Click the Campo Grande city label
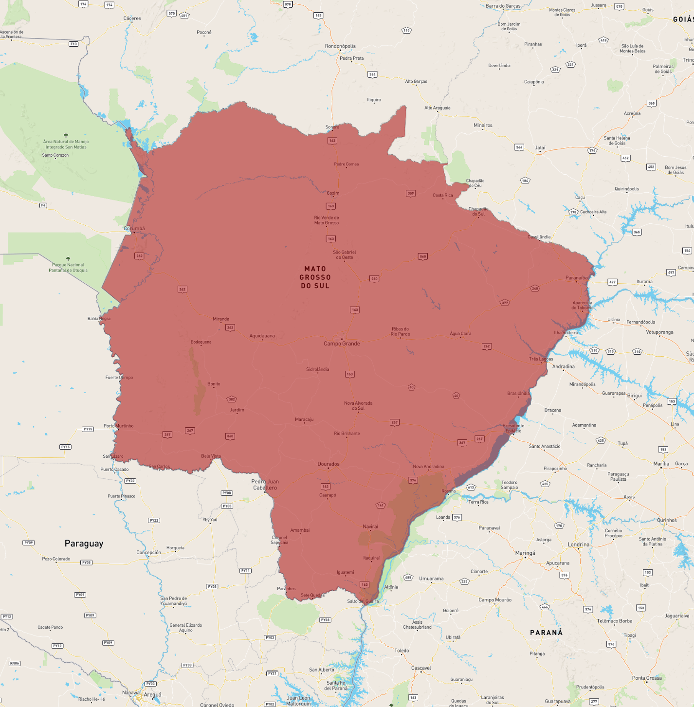pos(342,344)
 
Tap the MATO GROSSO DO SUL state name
pos(315,277)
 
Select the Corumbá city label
pos(134,228)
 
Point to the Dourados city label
pos(329,464)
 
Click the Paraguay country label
pos(84,544)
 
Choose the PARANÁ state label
pos(546,633)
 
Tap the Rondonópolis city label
pos(340,46)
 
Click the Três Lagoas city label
pos(541,359)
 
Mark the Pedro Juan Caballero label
pos(265,485)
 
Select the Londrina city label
pos(578,544)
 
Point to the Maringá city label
pos(525,553)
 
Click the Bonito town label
pos(214,384)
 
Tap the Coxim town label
pos(333,193)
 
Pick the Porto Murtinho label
pos(118,426)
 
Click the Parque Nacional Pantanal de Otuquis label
pos(68,268)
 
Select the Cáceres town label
pos(132,18)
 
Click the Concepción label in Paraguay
pos(148,552)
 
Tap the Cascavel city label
pos(421,668)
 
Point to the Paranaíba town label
pos(577,278)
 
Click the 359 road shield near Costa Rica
pos(411,193)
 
